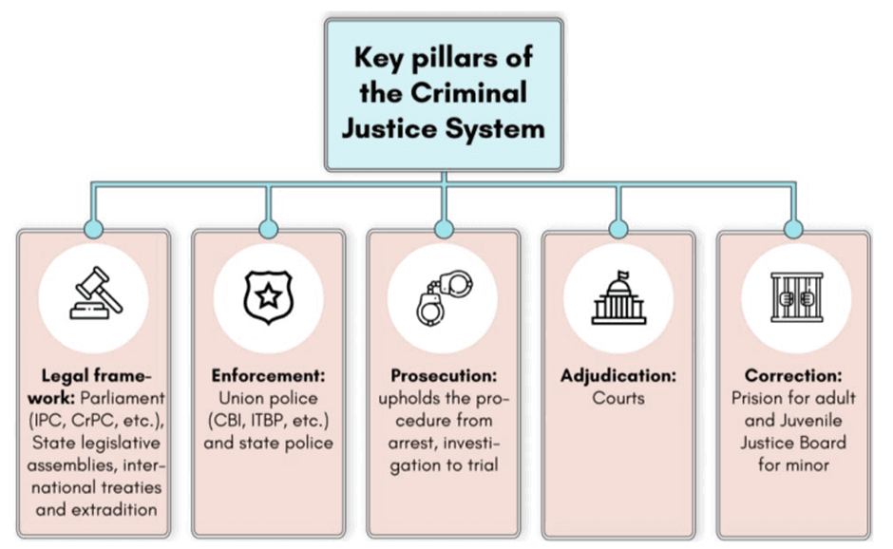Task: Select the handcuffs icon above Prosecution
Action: click(443, 299)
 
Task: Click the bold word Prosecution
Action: click(443, 375)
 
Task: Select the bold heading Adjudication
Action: click(617, 375)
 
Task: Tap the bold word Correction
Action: click(793, 375)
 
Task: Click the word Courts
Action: click(617, 397)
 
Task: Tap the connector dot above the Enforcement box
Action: click(268, 229)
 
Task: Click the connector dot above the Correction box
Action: click(794, 229)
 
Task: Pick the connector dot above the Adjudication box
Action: click(617, 229)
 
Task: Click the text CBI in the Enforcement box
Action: click(233, 420)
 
